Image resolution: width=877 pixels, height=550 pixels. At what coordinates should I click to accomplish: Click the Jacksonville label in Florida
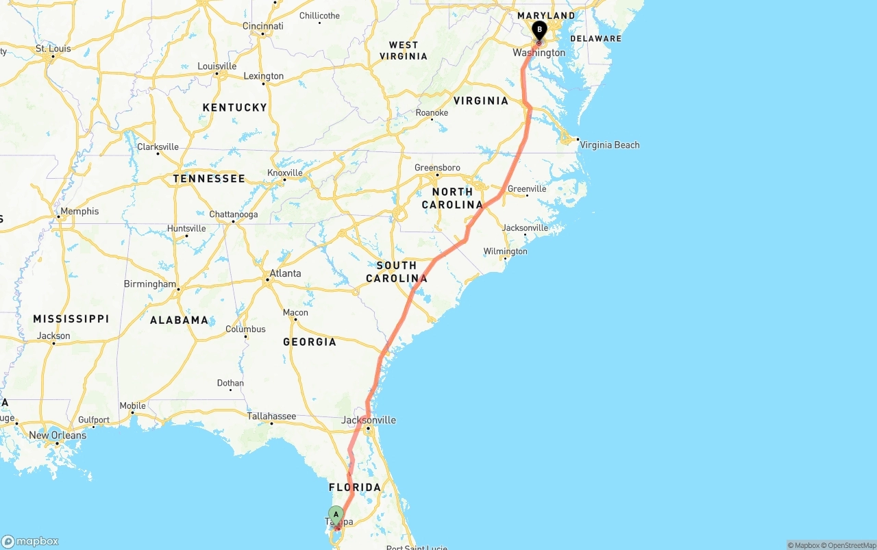pos(369,420)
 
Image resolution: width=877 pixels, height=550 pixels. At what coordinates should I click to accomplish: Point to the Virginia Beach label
pos(609,145)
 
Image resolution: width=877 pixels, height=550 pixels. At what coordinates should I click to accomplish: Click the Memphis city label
pos(79,211)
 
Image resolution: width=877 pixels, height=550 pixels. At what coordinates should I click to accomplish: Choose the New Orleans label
pos(58,435)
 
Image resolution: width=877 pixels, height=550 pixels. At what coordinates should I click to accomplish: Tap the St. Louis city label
pos(53,49)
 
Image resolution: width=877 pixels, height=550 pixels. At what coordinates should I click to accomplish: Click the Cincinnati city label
pos(262,26)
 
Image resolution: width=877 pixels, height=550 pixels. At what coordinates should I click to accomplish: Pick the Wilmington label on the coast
pos(505,251)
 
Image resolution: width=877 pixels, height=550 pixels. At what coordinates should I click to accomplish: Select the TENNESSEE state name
pos(209,179)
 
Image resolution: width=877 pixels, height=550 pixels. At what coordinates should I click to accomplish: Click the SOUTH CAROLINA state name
pos(397,272)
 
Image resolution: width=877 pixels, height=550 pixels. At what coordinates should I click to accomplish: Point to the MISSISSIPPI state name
pos(71,318)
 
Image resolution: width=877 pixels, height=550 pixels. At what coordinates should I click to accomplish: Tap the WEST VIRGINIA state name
pos(404,51)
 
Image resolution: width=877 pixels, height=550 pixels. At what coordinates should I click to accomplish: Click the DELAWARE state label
pos(595,38)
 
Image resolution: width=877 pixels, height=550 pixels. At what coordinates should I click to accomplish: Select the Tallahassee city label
pos(271,416)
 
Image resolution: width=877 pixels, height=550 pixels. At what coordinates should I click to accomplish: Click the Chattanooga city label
pos(234,214)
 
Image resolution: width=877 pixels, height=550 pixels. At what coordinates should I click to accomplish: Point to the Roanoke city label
pos(432,113)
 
